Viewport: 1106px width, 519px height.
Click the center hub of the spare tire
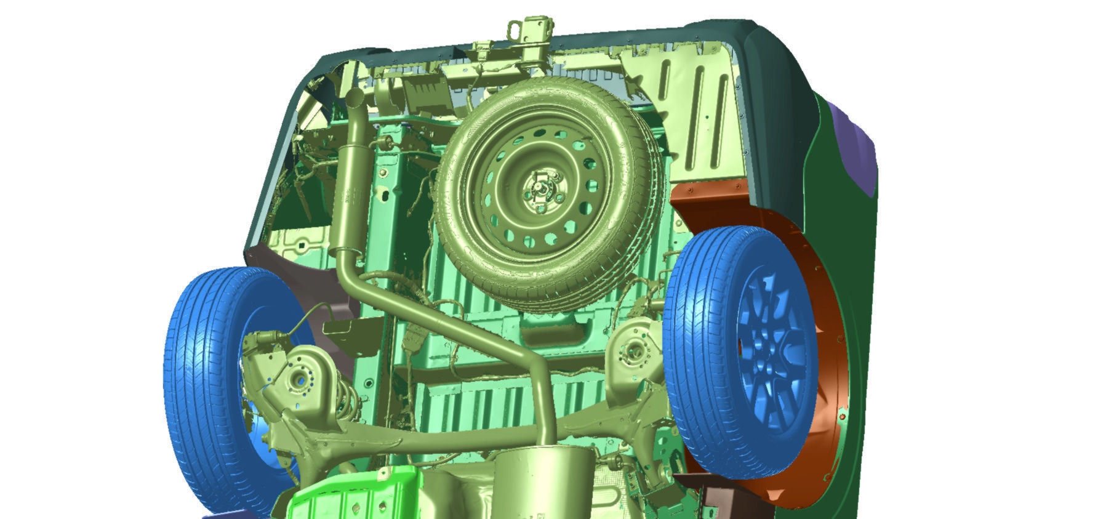pos(540,188)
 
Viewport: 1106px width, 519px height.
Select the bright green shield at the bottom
pos(351,496)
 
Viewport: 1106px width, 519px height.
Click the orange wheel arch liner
pos(825,320)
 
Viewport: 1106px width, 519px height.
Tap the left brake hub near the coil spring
pos(300,379)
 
